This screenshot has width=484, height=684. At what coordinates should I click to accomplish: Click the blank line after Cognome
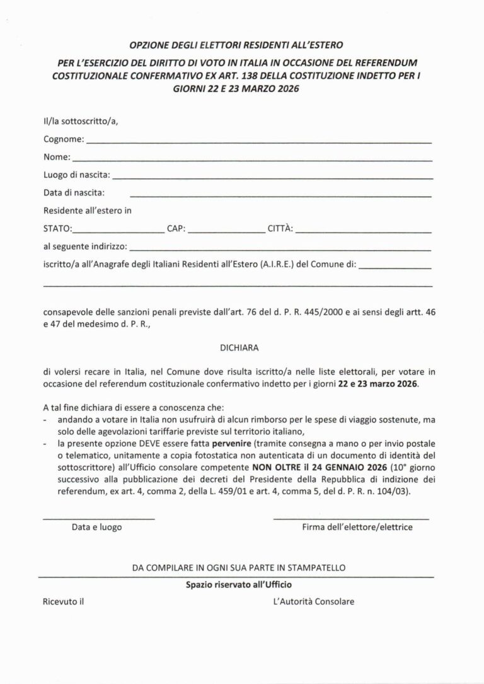(258, 142)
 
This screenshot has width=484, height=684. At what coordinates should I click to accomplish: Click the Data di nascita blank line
(280, 195)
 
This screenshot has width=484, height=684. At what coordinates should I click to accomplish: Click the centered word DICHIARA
(239, 347)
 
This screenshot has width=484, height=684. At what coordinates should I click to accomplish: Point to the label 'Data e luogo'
(97, 526)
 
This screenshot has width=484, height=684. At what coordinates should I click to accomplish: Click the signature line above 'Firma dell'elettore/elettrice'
(351, 518)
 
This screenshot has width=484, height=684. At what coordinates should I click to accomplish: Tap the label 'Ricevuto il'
(64, 601)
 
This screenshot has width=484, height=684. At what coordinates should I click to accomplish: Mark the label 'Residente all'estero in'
(88, 211)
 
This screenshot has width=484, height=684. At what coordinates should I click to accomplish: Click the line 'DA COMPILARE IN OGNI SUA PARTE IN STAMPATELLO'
(239, 567)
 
